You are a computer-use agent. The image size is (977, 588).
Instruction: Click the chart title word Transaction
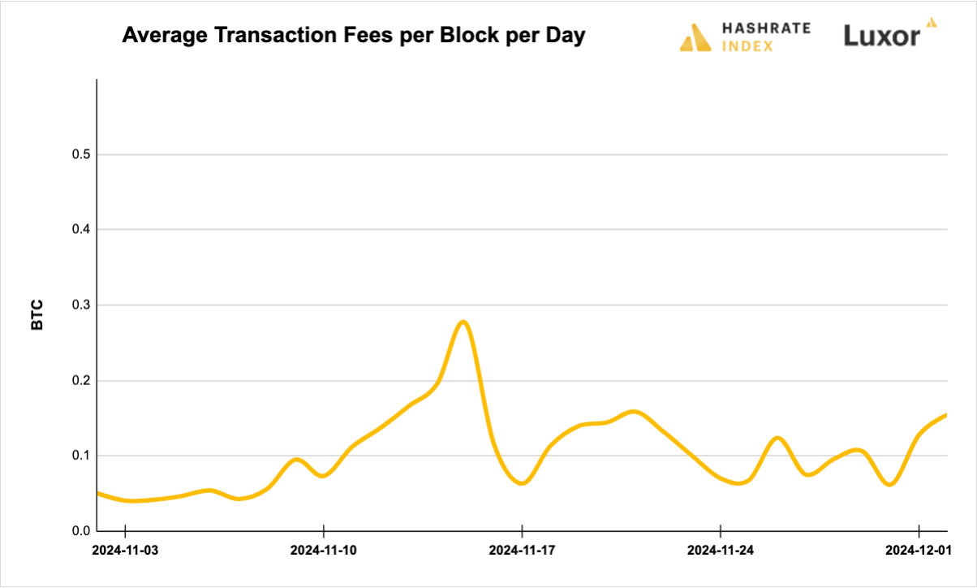266,37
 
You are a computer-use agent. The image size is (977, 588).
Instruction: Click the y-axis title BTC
37,316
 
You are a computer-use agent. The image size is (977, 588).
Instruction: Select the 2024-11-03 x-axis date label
125,551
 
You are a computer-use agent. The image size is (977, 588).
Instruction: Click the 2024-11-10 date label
323,551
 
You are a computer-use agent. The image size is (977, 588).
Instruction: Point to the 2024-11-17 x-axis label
522,551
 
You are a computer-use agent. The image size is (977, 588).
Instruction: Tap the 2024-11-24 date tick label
721,551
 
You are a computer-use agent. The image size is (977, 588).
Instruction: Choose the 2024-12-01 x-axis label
919,551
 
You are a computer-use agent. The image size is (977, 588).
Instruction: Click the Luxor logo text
881,37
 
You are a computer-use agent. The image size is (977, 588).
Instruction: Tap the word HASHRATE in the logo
766,28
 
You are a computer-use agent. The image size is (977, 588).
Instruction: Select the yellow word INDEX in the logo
747,46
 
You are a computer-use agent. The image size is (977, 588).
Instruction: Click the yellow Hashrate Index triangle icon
695,37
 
